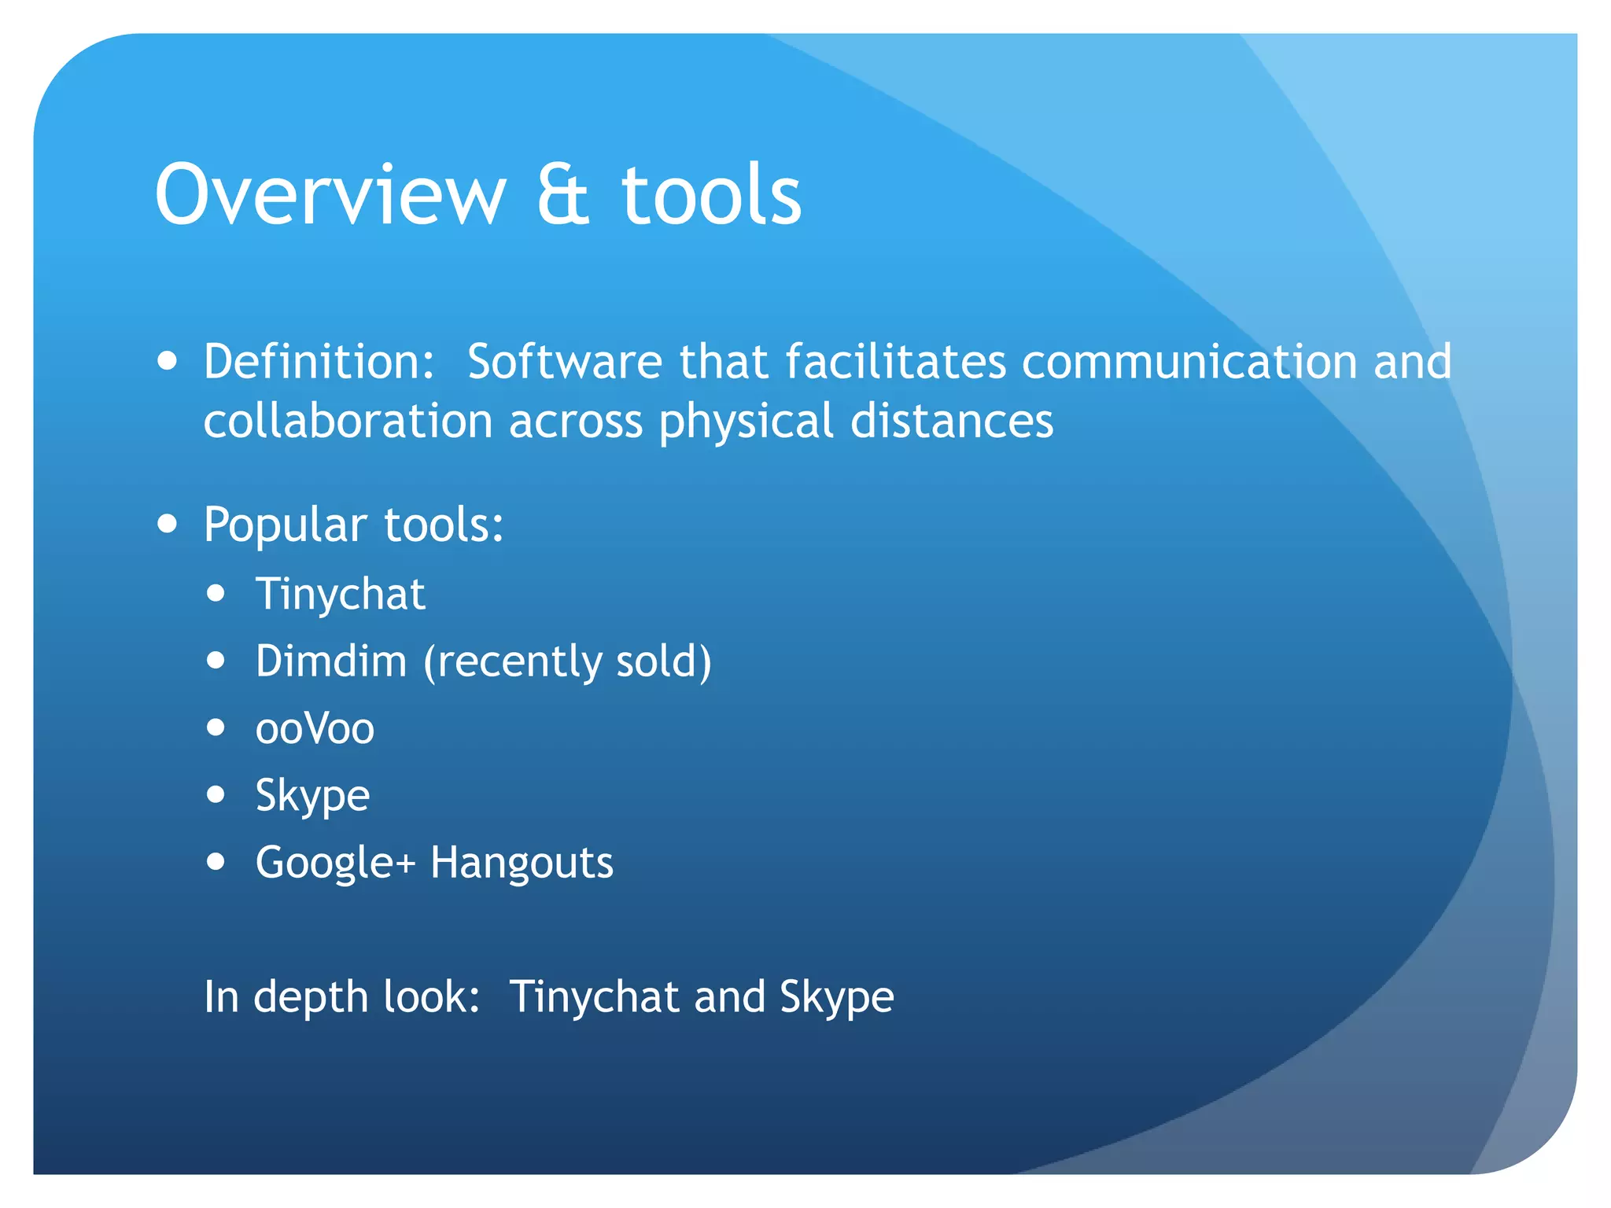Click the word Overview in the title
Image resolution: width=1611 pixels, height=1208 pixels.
330,194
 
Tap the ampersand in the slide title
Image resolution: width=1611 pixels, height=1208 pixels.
562,194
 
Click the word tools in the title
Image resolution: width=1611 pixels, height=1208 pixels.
711,194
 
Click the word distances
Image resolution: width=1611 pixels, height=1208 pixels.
952,421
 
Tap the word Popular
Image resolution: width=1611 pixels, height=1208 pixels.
285,525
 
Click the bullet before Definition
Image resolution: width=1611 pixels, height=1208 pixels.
167,361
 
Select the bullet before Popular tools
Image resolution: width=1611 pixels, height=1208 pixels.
167,524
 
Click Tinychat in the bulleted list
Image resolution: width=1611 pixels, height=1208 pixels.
340,594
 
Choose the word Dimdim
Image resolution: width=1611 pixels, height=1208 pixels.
331,661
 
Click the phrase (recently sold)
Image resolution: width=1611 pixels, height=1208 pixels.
567,661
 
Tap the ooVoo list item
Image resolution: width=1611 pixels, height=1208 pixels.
315,728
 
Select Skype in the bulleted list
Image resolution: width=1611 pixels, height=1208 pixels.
312,796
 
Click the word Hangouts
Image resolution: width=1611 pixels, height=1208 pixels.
522,863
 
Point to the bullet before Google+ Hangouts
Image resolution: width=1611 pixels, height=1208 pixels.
216,862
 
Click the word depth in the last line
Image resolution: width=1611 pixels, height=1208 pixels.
311,997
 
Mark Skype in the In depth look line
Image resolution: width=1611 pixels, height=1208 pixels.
837,997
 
